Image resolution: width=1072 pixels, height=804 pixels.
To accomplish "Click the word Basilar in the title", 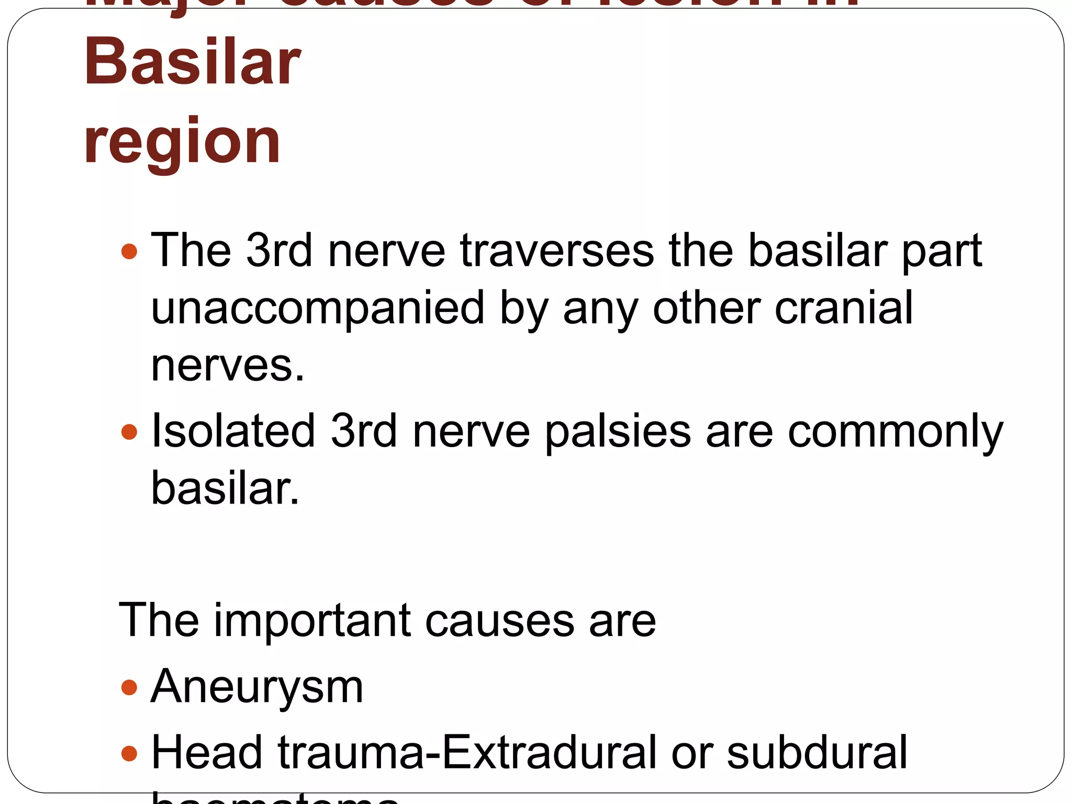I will click(x=192, y=62).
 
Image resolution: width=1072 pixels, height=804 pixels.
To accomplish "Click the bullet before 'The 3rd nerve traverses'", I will click(x=129, y=251).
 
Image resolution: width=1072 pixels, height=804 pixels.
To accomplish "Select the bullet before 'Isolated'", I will click(x=129, y=432).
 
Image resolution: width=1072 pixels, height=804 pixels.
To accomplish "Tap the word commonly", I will click(x=895, y=432).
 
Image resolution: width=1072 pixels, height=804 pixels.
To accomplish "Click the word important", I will click(x=312, y=620).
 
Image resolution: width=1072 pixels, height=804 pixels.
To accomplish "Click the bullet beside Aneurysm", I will click(x=129, y=687).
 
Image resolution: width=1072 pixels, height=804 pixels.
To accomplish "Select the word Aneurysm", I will click(x=257, y=687).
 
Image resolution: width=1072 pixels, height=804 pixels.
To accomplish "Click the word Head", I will click(x=206, y=752).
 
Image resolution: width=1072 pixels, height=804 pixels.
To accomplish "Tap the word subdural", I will click(x=817, y=752).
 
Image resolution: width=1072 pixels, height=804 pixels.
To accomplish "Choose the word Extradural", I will click(x=549, y=752).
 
